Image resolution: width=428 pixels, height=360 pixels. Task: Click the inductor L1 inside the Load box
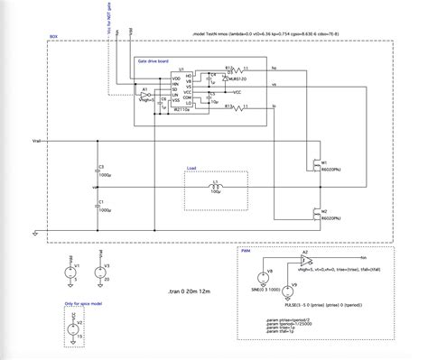tap(215, 187)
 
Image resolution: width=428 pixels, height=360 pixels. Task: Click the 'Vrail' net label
tap(37, 142)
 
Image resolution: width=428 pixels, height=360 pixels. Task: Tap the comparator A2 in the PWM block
tap(307, 259)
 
